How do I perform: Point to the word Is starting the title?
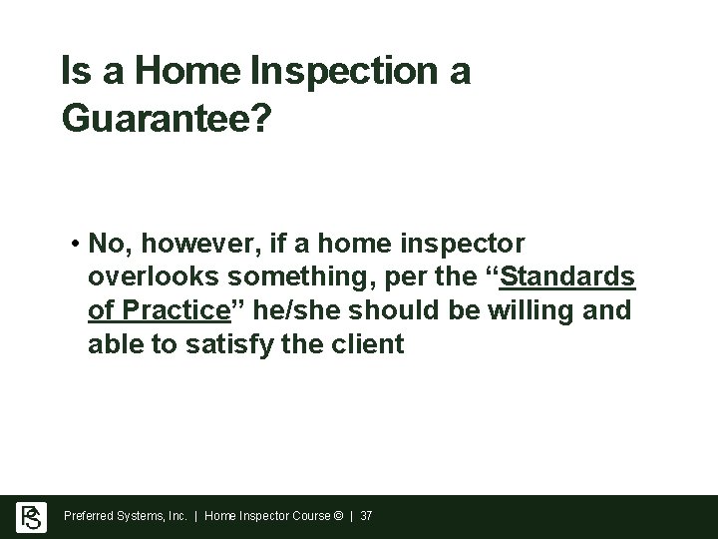click(71, 72)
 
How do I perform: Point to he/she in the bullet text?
click(293, 311)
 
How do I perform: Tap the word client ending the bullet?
click(371, 345)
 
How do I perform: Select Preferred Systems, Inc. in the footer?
click(127, 517)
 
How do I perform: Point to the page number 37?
click(365, 517)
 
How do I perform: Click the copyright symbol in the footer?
click(339, 517)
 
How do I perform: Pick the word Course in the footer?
click(310, 517)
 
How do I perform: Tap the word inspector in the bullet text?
click(468, 245)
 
